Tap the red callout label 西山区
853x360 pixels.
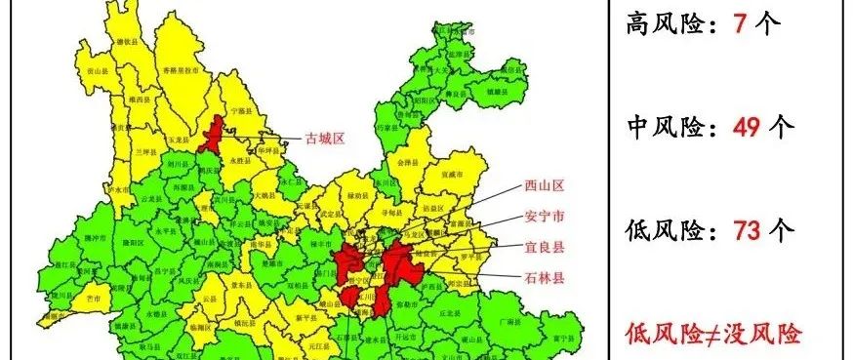pos(544,186)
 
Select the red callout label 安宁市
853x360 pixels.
pos(544,217)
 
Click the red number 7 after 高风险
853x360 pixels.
pos(740,25)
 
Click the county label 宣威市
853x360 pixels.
pos(450,173)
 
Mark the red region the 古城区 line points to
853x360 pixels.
pos(210,136)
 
